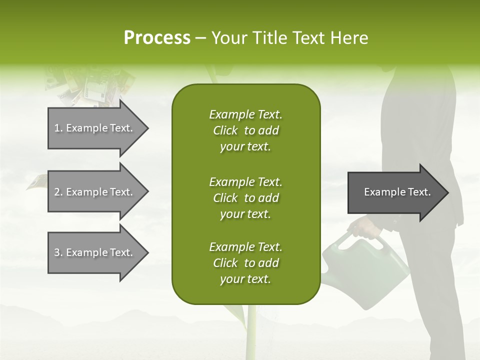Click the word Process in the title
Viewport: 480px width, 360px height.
[x=157, y=38]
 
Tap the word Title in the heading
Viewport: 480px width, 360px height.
[x=270, y=38]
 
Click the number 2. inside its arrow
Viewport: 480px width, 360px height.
[x=58, y=192]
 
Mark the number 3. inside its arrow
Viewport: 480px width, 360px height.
[x=58, y=252]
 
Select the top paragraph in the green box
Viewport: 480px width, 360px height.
[x=245, y=130]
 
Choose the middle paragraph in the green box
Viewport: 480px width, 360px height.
[x=245, y=197]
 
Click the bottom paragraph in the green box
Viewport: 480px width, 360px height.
[x=245, y=263]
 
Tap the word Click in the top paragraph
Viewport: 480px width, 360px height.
[x=225, y=130]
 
